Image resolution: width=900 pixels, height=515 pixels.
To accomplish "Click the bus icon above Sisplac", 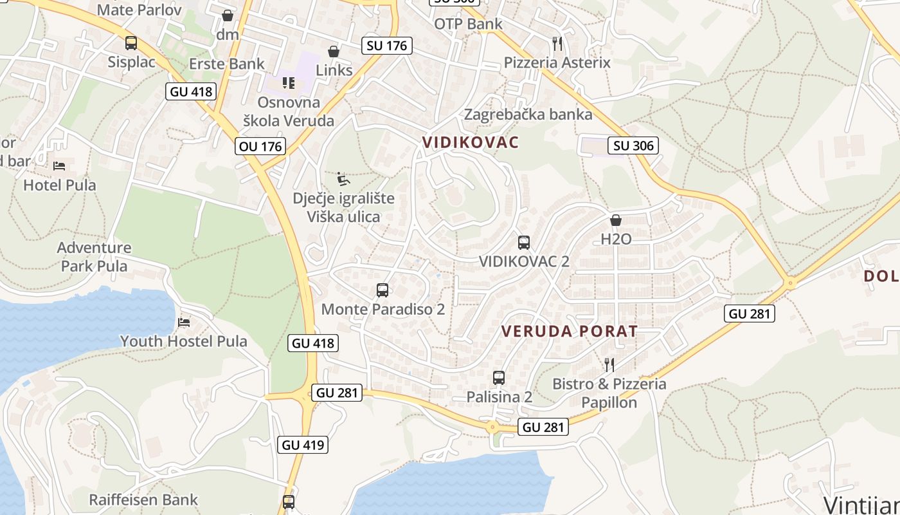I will [131, 43].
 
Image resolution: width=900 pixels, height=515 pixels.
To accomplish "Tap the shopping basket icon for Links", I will [333, 51].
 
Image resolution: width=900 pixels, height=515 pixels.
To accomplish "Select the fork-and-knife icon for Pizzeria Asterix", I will [557, 44].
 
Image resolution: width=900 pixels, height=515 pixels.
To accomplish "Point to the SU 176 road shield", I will [386, 46].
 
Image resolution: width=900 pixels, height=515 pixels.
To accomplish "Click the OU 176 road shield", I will [260, 146].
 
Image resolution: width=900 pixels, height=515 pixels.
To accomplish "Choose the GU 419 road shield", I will [303, 444].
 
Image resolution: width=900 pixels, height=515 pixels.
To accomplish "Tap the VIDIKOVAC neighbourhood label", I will [470, 142].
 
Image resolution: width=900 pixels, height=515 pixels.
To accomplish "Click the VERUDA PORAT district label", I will [569, 332].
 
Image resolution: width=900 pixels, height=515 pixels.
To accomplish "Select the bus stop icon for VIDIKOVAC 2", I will [524, 243].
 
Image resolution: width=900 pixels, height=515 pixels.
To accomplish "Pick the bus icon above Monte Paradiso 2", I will [382, 290].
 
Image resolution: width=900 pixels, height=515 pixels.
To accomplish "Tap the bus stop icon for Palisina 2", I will [499, 378].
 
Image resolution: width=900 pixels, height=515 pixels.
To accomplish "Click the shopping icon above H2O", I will [616, 220].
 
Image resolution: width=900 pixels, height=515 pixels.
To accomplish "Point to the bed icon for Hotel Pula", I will [59, 166].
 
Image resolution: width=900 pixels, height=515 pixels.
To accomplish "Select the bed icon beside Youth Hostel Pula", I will [184, 322].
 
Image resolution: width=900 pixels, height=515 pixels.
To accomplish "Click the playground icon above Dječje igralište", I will [343, 178].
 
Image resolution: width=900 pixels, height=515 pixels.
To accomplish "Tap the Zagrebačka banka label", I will [528, 115].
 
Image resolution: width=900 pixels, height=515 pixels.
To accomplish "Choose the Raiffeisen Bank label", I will [143, 500].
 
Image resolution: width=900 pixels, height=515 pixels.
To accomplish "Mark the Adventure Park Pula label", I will [94, 257].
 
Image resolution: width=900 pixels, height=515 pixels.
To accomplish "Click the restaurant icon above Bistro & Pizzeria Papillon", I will [609, 365].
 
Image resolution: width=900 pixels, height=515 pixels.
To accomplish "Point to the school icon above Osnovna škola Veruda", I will [289, 83].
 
